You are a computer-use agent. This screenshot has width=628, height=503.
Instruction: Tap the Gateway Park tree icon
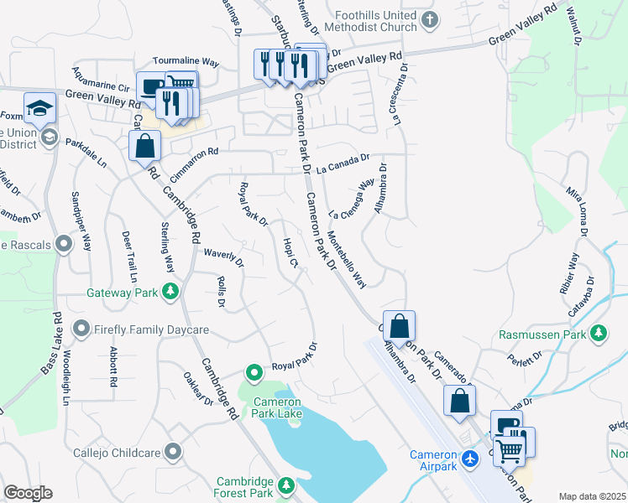170,292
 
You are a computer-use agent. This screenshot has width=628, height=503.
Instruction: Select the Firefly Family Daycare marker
81,328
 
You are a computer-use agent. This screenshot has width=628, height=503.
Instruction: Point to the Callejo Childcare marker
174,452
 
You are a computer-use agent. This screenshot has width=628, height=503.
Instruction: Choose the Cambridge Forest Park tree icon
286,485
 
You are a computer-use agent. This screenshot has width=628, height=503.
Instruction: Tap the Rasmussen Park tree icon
599,334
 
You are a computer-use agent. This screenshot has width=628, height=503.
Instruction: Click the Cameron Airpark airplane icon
469,459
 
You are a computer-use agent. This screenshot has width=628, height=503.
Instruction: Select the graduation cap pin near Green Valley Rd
39,107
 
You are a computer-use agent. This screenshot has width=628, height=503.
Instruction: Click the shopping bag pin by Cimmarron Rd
145,145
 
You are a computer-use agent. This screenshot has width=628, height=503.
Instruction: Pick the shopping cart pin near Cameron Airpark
510,451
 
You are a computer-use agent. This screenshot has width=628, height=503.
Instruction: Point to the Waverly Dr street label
222,256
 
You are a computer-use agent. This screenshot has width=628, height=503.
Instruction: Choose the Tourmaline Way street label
186,61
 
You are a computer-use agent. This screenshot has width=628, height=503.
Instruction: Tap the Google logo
29,493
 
